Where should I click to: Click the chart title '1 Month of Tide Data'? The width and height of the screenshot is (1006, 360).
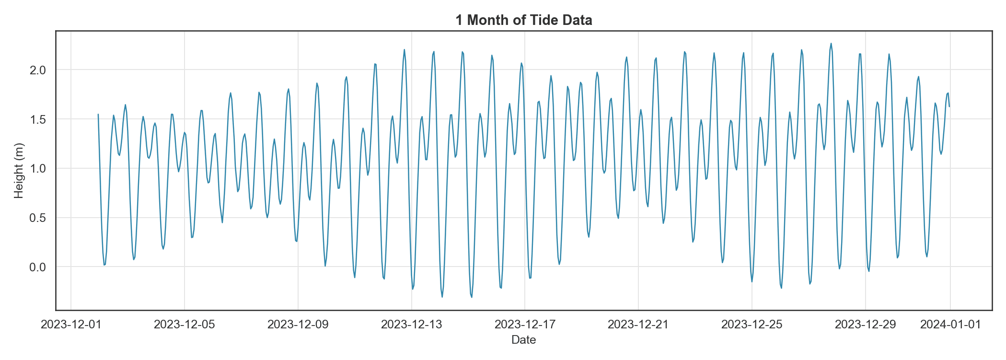(x=523, y=20)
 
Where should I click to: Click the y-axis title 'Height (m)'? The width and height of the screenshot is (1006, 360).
(x=19, y=171)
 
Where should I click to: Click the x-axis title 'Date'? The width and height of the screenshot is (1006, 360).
(x=523, y=340)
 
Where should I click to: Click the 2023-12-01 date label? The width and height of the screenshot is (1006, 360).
(x=71, y=325)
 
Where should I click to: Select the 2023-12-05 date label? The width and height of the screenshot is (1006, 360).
(x=185, y=325)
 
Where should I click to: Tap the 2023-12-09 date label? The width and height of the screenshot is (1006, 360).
(x=298, y=325)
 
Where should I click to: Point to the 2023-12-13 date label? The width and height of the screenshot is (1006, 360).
(x=411, y=325)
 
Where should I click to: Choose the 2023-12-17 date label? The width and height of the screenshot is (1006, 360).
(x=525, y=325)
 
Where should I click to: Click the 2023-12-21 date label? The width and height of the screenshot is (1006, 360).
(x=638, y=325)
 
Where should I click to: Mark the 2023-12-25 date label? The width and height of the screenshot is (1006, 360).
(x=752, y=325)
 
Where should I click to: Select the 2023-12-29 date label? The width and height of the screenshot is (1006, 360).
(x=866, y=325)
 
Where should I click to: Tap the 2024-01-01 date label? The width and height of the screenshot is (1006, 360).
(x=950, y=325)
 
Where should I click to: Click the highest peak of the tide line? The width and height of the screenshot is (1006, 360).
(x=831, y=44)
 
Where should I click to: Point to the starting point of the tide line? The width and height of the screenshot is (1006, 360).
(x=98, y=115)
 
